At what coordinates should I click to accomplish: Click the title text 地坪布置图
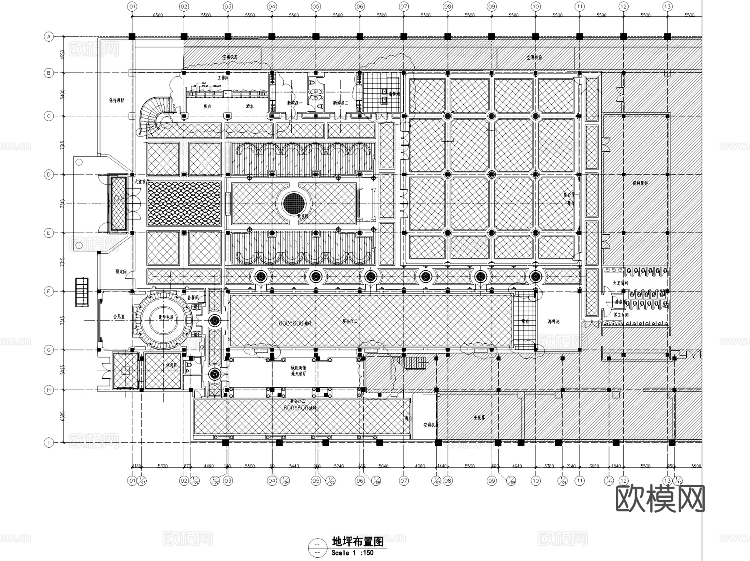point(357,541)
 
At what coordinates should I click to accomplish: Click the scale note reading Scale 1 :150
point(352,553)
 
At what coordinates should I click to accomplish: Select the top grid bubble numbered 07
point(404,7)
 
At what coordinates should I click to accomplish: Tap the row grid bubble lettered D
point(49,175)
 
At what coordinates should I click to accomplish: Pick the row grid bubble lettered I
point(49,443)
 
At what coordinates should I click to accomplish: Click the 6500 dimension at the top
point(158,15)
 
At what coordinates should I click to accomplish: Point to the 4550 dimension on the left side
point(62,55)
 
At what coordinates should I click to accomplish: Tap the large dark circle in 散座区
point(294,204)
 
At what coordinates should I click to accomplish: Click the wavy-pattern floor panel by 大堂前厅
point(184,204)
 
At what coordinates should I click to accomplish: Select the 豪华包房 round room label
point(165,317)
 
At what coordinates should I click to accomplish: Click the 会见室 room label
point(119,317)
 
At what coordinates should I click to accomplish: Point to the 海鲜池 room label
point(554,322)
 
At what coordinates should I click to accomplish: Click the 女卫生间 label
point(620,283)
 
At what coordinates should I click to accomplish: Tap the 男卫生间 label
point(621,315)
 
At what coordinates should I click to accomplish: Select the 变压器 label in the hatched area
point(479,417)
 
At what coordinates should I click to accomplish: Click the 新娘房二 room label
point(340,103)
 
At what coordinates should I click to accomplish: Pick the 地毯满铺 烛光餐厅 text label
point(298,371)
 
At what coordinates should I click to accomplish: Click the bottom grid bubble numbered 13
point(667,481)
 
